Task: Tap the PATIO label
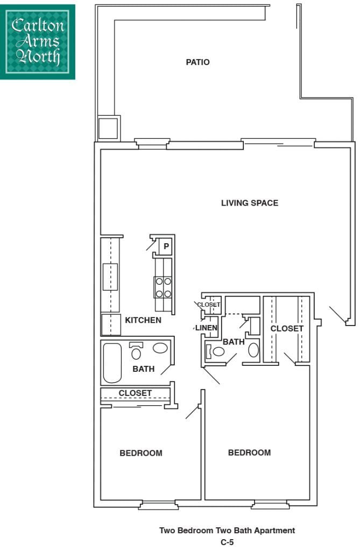(x=197, y=62)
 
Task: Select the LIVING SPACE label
(x=250, y=203)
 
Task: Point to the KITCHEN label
(x=143, y=320)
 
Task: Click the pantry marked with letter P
(x=166, y=246)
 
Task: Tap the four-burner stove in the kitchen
(x=163, y=287)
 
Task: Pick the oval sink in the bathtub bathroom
(x=160, y=348)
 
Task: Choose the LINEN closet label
(x=206, y=328)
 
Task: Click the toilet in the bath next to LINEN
(x=217, y=352)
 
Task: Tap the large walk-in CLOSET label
(x=287, y=329)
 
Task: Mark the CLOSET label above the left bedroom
(x=135, y=393)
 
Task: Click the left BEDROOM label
(x=140, y=453)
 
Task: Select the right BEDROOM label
(x=249, y=453)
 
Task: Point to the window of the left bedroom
(x=158, y=505)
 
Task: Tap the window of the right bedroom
(x=270, y=505)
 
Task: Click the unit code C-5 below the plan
(x=227, y=542)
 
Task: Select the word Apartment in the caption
(x=276, y=531)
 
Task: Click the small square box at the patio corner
(x=107, y=128)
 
